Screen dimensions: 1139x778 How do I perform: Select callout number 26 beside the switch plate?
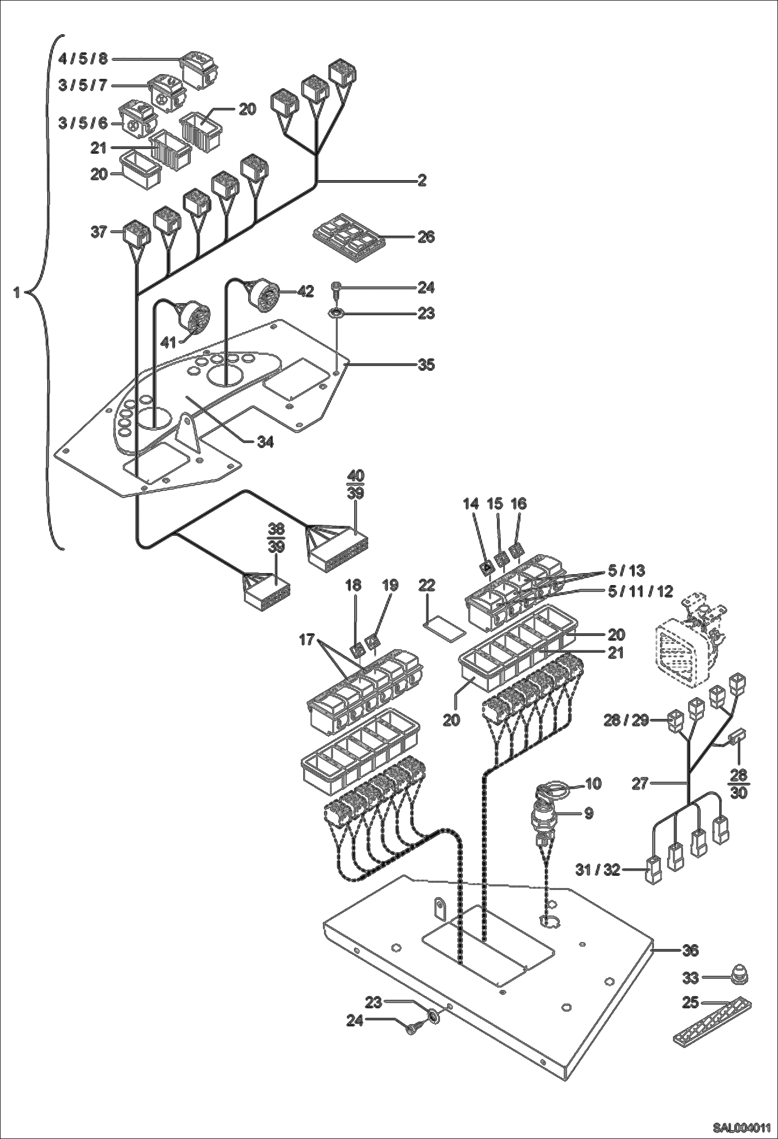(426, 237)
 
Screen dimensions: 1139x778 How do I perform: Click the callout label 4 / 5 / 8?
(83, 59)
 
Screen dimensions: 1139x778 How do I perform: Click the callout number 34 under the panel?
(265, 442)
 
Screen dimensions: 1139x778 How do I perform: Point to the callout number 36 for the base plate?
(690, 950)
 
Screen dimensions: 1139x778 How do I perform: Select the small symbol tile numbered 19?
(372, 642)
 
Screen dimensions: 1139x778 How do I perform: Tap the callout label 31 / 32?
(598, 870)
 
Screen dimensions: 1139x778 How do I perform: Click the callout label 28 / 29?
(626, 720)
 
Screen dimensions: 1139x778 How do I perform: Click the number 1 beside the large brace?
(17, 293)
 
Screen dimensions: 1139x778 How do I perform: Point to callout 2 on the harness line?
(422, 181)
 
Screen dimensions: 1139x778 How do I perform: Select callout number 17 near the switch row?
(307, 640)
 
